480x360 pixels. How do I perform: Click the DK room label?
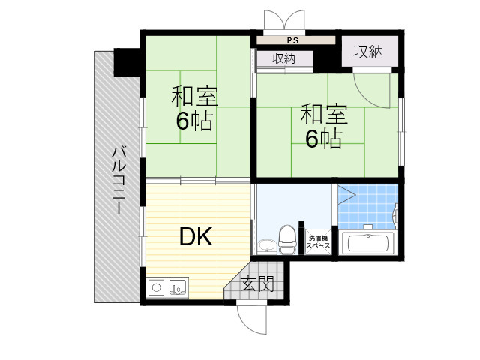tap(196, 238)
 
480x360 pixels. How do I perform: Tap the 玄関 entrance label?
tap(257, 283)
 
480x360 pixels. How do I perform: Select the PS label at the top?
tap(292, 40)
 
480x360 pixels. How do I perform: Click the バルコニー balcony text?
tap(118, 178)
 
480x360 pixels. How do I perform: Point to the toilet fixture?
tap(286, 239)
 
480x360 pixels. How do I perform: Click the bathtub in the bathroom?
tap(367, 243)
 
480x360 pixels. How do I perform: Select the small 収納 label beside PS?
tap(283, 58)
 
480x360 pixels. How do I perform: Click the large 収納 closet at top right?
tap(368, 52)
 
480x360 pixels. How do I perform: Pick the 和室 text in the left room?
tap(193, 97)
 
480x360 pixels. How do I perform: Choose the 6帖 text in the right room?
tap(323, 138)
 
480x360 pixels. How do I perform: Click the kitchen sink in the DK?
tap(178, 286)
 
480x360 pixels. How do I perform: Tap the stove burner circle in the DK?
tap(157, 286)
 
